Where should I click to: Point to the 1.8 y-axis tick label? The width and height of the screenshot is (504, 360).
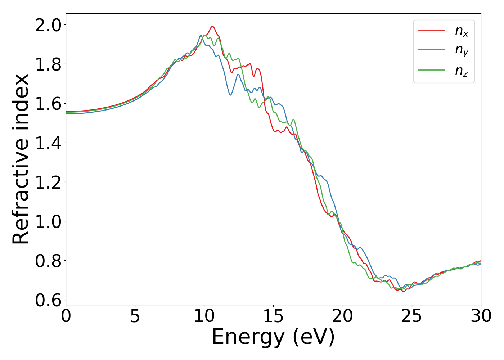(x=48, y=64)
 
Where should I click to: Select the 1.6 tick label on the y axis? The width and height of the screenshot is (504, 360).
(x=48, y=104)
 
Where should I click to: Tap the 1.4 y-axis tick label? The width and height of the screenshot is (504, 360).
(x=48, y=143)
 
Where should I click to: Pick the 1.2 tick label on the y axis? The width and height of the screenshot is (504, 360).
(x=48, y=182)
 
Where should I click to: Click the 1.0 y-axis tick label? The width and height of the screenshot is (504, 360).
(x=48, y=221)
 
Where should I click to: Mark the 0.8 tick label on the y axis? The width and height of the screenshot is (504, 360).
(x=48, y=261)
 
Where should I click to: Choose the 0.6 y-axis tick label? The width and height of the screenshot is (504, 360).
(x=48, y=300)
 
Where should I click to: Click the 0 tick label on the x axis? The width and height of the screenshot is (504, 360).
(x=66, y=316)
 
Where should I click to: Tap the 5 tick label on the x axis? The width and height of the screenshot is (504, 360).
(x=135, y=316)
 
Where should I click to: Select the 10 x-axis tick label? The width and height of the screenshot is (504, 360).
(x=204, y=316)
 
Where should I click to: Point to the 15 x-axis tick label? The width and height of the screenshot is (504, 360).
(x=274, y=316)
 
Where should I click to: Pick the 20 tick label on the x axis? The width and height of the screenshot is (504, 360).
(x=343, y=316)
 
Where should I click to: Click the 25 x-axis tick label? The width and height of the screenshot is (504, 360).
(x=412, y=316)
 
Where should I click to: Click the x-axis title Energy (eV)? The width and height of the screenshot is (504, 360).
(x=274, y=338)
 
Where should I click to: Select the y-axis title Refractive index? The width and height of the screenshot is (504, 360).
(x=21, y=159)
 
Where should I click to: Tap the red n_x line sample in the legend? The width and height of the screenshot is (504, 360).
(x=431, y=30)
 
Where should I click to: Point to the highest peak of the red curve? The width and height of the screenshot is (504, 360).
(x=212, y=26)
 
